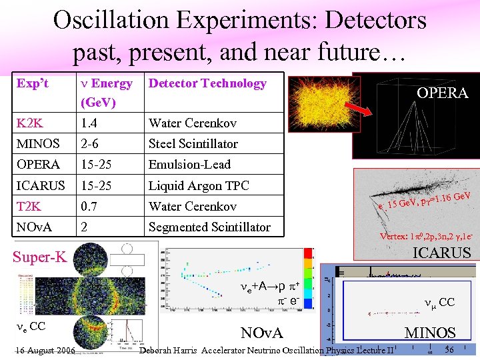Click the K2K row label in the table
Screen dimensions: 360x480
pyautogui.click(x=31, y=123)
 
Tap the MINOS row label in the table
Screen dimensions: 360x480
pyautogui.click(x=37, y=144)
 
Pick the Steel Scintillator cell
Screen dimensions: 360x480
pyautogui.click(x=193, y=144)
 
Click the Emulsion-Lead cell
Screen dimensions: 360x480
pyautogui.click(x=189, y=165)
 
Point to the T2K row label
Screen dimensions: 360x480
pyautogui.click(x=30, y=206)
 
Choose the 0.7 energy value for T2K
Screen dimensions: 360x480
pyautogui.click(x=90, y=206)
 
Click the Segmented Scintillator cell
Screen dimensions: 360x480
pyautogui.click(x=209, y=227)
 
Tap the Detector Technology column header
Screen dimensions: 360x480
pyautogui.click(x=207, y=83)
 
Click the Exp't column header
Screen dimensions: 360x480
pyautogui.click(x=33, y=83)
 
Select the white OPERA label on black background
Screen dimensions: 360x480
pyautogui.click(x=443, y=93)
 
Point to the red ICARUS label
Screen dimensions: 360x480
pyautogui.click(x=442, y=253)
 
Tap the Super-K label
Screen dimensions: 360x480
pyautogui.click(x=40, y=257)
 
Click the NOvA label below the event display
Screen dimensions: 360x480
pyautogui.click(x=261, y=333)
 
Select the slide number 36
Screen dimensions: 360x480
pyautogui.click(x=449, y=350)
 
